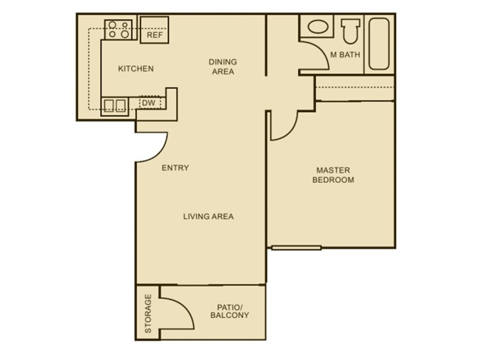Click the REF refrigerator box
coord(154,29)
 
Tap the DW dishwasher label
coord(148,103)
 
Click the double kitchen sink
coord(115,106)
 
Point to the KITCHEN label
coord(135,69)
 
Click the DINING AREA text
coord(223,67)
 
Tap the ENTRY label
coord(175,168)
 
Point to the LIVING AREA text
coord(208,217)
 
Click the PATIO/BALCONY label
coord(229,311)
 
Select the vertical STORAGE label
coord(148,313)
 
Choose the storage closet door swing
coord(178,309)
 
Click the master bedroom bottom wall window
coord(297,247)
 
